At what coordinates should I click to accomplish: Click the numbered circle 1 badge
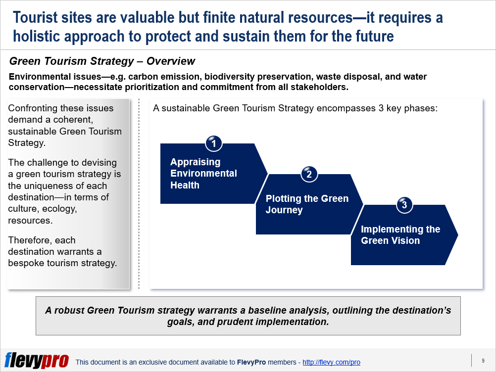point(213,143)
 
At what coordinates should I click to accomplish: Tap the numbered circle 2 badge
point(309,174)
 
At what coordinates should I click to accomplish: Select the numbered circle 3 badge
point(404,205)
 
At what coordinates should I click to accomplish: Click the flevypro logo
point(37,360)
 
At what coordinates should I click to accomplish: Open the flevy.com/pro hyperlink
point(331,362)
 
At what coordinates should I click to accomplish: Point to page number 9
point(483,361)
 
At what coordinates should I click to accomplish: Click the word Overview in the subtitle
point(171,61)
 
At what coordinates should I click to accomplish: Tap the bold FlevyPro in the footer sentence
point(251,362)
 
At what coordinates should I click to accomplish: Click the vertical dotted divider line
point(139,194)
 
